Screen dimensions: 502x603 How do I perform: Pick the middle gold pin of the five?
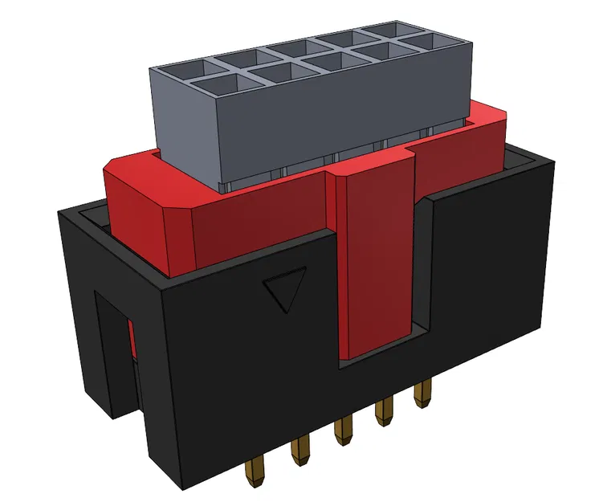tap(344, 431)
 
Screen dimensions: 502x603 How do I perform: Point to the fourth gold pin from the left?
tap(384, 412)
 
